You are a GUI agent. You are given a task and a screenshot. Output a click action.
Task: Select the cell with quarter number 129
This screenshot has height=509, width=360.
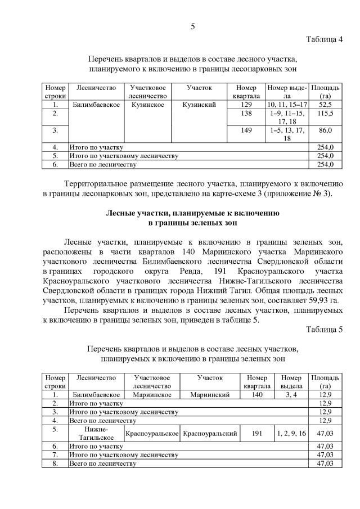tap(246, 105)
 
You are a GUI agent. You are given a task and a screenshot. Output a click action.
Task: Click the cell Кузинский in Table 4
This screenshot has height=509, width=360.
tap(199, 105)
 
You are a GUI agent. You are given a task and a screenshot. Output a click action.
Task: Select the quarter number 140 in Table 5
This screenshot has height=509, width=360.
tap(257, 395)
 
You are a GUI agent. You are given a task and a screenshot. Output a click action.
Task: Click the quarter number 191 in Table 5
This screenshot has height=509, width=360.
tap(257, 433)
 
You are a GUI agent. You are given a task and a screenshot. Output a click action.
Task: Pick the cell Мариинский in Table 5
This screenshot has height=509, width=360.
tap(210, 395)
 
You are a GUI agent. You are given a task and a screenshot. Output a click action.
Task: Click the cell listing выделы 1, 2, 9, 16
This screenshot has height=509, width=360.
tap(291, 433)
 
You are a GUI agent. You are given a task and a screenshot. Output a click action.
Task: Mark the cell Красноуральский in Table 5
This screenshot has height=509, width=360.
tap(210, 434)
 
